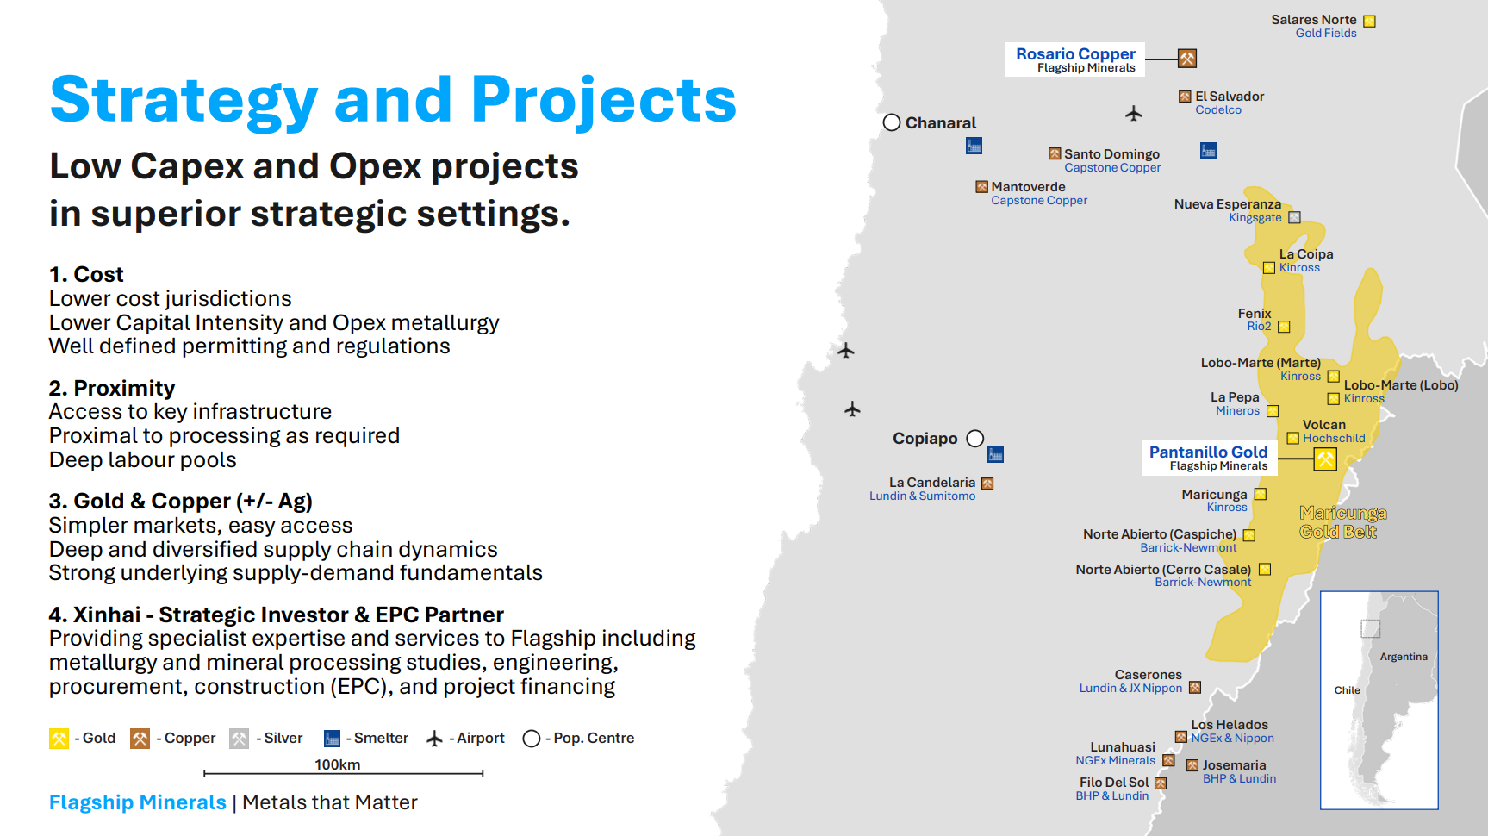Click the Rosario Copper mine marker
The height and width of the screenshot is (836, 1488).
pyautogui.click(x=1187, y=59)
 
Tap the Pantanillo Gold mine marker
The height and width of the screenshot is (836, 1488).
pyautogui.click(x=1325, y=459)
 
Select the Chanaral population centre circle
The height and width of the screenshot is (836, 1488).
pyautogui.click(x=892, y=122)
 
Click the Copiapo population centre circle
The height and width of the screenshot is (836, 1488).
pyautogui.click(x=975, y=439)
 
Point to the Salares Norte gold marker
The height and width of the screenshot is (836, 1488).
pyautogui.click(x=1369, y=22)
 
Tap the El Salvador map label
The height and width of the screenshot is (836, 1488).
pyautogui.click(x=1230, y=97)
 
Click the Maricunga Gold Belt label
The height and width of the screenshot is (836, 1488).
pyautogui.click(x=1342, y=522)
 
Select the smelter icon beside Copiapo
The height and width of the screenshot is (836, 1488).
pyautogui.click(x=995, y=454)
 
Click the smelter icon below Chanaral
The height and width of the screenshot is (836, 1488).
pyautogui.click(x=974, y=147)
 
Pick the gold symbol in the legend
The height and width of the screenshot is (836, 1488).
pyautogui.click(x=59, y=739)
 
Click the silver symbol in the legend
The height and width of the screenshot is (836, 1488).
pyautogui.click(x=239, y=739)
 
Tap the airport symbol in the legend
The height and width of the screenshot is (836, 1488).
pyautogui.click(x=435, y=739)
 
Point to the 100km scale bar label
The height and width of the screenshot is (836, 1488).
pyautogui.click(x=338, y=764)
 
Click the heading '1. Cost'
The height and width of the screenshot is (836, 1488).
pyautogui.click(x=86, y=274)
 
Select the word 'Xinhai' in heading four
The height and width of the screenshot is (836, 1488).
pyautogui.click(x=107, y=615)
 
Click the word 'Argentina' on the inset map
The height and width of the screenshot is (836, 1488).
pyautogui.click(x=1404, y=657)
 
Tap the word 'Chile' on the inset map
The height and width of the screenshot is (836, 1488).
pyautogui.click(x=1347, y=690)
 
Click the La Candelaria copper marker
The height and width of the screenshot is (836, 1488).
pyautogui.click(x=987, y=484)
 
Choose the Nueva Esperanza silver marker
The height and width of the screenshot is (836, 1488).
pyautogui.click(x=1294, y=218)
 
